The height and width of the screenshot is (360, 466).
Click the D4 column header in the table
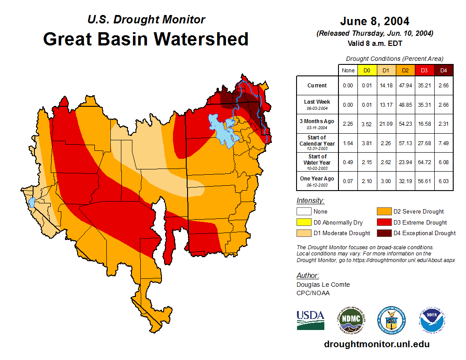click(443, 70)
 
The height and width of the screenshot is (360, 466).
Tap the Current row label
click(317, 86)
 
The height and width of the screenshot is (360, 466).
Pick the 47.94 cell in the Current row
click(405, 86)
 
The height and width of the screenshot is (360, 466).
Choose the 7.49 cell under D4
click(443, 143)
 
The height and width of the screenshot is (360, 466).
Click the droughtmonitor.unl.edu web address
click(376, 344)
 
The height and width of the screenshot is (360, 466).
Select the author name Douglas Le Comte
click(323, 285)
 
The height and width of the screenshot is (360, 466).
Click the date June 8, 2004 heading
click(375, 21)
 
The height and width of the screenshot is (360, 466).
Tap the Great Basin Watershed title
click(146, 39)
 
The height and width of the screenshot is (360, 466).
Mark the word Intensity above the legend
click(310, 201)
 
